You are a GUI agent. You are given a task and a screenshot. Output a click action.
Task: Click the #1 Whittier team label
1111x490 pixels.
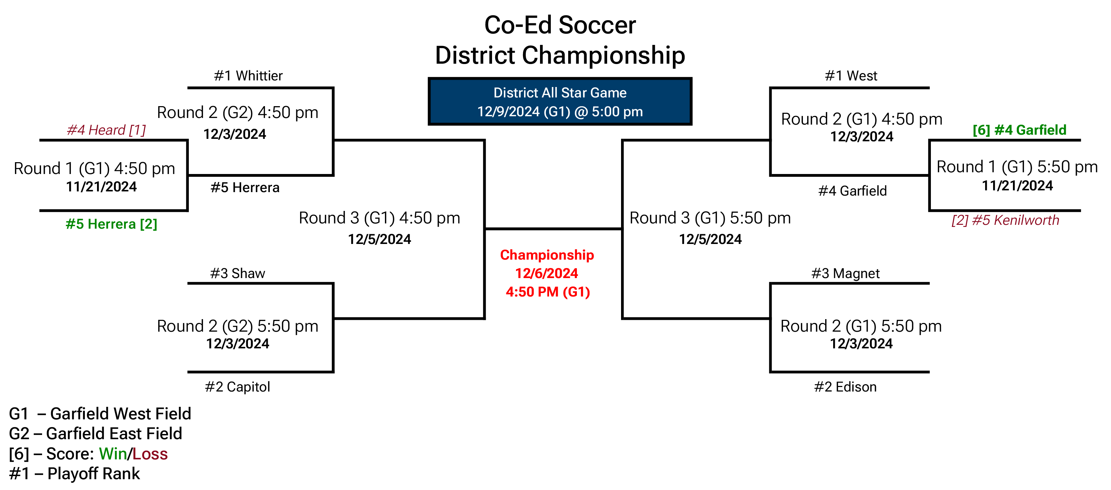tap(248, 76)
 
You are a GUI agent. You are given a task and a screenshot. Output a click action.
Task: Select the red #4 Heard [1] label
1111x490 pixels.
tap(106, 130)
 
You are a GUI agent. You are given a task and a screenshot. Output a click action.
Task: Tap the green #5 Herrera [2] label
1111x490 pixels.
tap(111, 224)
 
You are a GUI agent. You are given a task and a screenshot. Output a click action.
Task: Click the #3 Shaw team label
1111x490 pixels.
tap(237, 273)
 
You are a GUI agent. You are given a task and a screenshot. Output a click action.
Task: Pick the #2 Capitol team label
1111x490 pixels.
tap(237, 387)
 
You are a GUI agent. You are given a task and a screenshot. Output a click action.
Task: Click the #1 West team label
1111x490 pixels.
tap(851, 76)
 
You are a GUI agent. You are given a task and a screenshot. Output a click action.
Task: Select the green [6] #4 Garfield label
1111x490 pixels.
tap(1019, 130)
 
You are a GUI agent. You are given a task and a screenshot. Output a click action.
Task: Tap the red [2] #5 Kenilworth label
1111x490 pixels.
tap(1005, 220)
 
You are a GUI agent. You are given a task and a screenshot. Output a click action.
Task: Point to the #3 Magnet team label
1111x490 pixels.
tap(845, 274)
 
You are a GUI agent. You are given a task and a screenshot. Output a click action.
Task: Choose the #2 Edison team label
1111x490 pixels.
tap(845, 387)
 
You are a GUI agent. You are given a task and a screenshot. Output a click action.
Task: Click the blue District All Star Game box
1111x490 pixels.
tap(560, 102)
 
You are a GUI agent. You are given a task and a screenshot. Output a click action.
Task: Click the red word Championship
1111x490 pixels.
tap(547, 255)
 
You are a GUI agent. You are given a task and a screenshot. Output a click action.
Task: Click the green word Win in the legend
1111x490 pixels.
tap(113, 454)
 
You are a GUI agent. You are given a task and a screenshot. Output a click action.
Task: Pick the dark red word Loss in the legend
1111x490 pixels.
tap(150, 454)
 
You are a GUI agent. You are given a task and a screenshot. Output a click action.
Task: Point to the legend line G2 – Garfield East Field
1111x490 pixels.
tap(95, 433)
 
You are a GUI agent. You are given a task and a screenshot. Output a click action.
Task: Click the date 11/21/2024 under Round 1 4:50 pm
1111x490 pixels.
tap(101, 187)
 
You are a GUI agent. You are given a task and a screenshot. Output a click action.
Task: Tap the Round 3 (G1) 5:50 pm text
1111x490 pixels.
tap(710, 218)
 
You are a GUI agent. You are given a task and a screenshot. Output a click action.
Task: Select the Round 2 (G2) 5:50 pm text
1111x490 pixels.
tap(237, 326)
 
